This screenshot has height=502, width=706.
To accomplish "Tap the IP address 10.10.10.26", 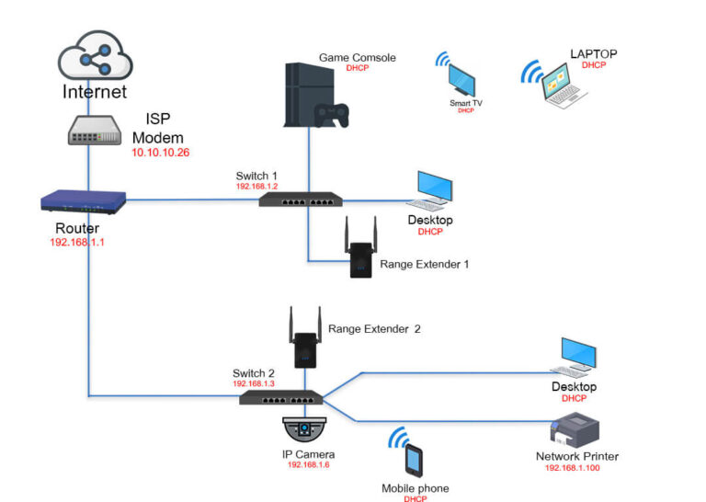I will click(x=160, y=153).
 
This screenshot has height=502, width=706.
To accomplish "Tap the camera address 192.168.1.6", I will click(x=308, y=465).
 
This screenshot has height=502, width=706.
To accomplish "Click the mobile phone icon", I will click(x=414, y=460).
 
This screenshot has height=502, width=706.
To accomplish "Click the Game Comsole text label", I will click(x=357, y=58).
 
